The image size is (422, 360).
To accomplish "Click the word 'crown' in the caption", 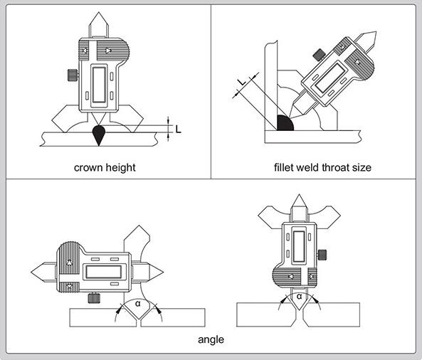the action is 88,168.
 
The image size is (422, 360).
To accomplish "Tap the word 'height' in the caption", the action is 120,168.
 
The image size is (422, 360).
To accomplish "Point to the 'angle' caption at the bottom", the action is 211,340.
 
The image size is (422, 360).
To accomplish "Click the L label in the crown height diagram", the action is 178,129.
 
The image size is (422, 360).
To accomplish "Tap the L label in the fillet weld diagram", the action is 242,82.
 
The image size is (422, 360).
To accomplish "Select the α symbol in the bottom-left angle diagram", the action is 138,304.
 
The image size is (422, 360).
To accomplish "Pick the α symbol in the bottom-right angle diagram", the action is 299,297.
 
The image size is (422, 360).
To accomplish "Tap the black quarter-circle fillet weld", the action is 284,124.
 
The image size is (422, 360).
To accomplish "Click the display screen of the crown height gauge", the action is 99,85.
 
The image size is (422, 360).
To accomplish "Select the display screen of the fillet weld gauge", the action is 330,78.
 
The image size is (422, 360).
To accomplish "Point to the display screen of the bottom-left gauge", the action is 103,272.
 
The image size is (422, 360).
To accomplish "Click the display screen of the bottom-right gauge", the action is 299,246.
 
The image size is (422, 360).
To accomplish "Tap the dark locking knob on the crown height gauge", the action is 73,75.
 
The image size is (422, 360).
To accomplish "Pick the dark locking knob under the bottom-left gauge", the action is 94,298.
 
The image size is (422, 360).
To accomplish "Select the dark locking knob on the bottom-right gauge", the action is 322,255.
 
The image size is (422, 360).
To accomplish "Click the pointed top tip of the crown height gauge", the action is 99,12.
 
